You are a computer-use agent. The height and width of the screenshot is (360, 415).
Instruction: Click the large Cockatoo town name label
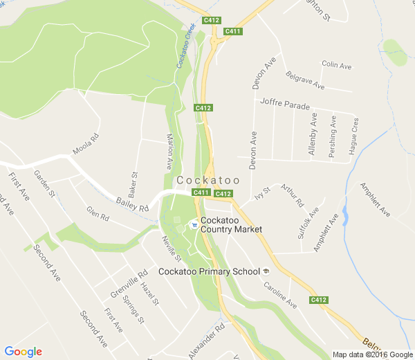208,180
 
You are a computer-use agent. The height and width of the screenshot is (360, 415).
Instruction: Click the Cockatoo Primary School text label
208,271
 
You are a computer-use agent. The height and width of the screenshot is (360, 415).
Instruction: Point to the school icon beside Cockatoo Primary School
266,271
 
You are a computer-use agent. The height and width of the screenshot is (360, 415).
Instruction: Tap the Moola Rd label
86,145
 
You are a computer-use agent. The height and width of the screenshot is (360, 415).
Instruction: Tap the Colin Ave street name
337,64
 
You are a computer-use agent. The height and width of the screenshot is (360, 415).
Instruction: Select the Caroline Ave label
282,296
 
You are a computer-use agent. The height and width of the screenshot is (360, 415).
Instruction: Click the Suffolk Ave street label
306,223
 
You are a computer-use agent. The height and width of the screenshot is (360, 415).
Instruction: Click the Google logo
23,352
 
